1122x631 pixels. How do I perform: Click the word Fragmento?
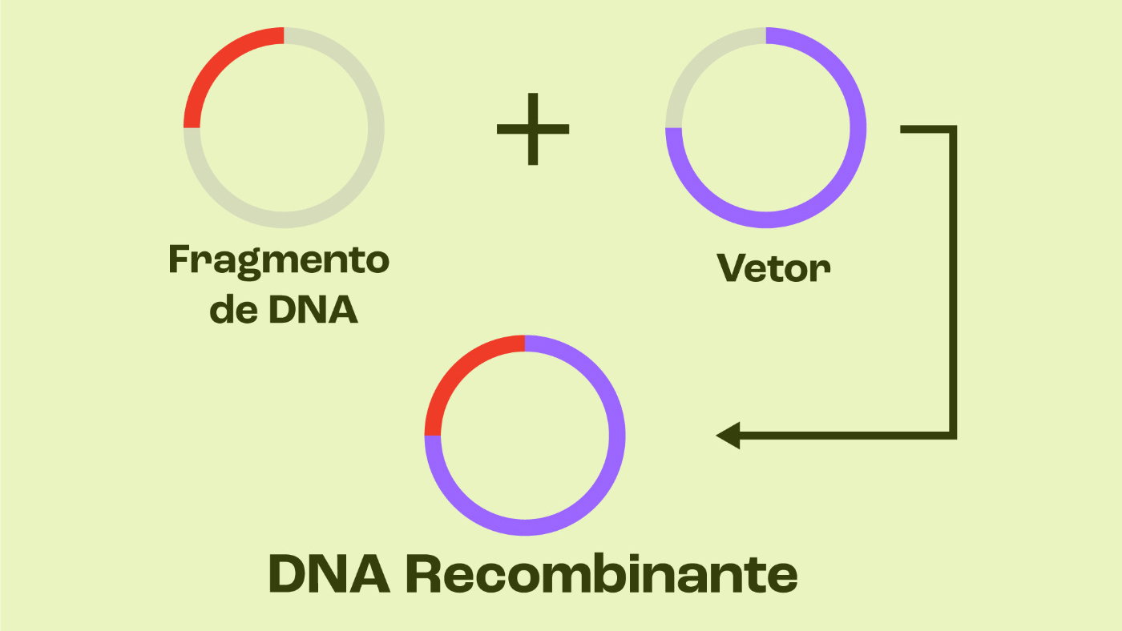pos(279,261)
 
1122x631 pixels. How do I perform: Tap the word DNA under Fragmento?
pos(313,310)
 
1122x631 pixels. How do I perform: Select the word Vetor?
pos(773,268)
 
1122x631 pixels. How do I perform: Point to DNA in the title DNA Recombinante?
pos(329,573)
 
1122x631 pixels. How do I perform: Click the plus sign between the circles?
pos(533,128)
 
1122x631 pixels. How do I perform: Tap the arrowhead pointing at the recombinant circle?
pos(728,436)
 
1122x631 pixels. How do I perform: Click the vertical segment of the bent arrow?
pos(953,280)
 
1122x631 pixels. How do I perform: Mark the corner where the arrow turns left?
pos(953,436)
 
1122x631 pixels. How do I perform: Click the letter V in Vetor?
pos(730,268)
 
